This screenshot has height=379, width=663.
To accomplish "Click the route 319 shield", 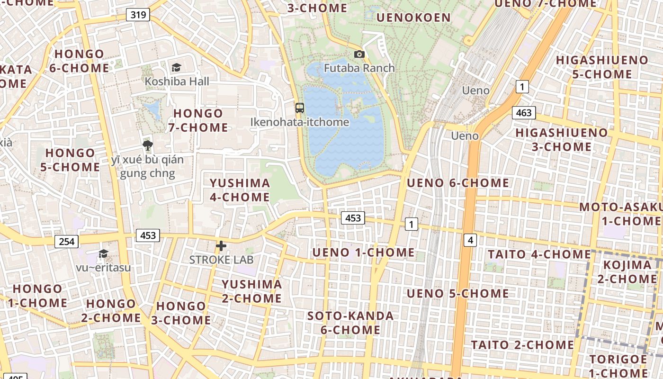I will click(x=138, y=15).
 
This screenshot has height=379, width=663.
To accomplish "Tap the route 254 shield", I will click(x=67, y=242).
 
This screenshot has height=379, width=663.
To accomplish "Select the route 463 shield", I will click(x=524, y=113).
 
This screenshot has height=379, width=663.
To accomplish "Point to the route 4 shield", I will click(x=470, y=240).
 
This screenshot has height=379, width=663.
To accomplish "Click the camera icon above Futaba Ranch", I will click(x=359, y=54).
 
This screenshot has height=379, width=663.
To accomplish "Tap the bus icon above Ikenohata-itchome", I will click(x=300, y=108).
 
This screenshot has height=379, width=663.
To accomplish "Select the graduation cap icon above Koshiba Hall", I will click(x=177, y=68).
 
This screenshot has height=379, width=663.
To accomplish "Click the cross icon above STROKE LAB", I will click(x=221, y=246).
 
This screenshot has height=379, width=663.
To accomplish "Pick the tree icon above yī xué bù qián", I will click(x=147, y=145).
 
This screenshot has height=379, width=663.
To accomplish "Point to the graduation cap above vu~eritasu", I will click(x=103, y=254).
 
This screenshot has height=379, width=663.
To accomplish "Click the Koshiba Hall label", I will click(x=177, y=81).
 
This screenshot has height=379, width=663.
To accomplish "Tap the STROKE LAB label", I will click(x=221, y=260).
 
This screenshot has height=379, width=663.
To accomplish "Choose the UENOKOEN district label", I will click(x=413, y=18).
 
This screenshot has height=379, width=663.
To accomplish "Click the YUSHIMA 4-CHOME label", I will click(x=240, y=190).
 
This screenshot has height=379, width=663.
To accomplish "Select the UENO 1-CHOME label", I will click(x=363, y=253).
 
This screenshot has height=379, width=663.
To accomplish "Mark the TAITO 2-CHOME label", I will click(x=522, y=344).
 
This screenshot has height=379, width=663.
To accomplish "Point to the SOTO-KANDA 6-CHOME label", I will click(x=350, y=323).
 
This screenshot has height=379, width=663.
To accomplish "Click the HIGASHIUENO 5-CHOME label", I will click(x=602, y=67).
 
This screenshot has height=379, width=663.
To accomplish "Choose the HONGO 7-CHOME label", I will click(x=198, y=120).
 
